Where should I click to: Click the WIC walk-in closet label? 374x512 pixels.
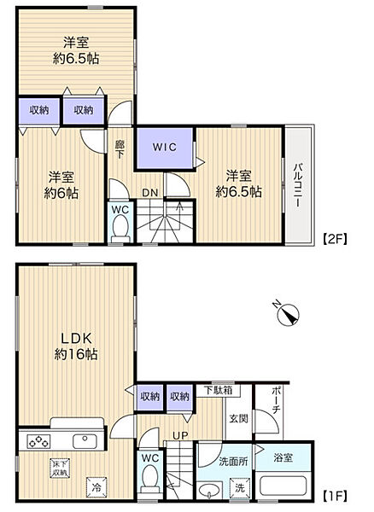(164, 147)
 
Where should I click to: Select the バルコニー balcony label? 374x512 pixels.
(297, 185)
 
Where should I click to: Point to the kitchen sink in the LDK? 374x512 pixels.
(85, 441)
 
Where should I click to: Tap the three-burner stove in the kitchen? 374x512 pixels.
(38, 441)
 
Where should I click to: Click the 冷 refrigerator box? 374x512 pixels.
(96, 487)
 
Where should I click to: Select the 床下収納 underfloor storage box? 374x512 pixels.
(60, 468)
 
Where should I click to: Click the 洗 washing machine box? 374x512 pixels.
(240, 488)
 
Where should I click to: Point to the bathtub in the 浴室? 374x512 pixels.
(283, 486)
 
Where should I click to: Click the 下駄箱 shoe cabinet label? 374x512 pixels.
(219, 390)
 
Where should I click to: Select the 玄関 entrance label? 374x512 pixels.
(239, 418)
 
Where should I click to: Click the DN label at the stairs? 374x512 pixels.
(150, 193)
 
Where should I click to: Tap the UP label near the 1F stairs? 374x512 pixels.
(180, 435)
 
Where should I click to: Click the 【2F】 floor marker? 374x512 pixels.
(335, 239)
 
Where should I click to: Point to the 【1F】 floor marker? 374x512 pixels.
(335, 497)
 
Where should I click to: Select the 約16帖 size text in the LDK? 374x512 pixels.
(76, 354)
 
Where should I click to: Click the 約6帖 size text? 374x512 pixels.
(61, 194)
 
